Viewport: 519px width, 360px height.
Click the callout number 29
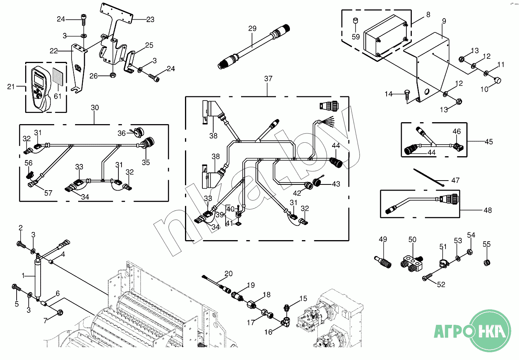tap(252, 29)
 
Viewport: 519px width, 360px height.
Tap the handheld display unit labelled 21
tap(40, 87)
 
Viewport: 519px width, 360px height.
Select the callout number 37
tap(268, 78)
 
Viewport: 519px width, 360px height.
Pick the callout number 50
tap(413, 240)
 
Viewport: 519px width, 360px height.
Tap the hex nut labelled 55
tap(487, 263)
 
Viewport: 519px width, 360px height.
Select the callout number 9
tap(444, 21)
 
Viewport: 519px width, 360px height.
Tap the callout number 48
tap(488, 210)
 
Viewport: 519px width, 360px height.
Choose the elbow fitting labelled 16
tap(287, 320)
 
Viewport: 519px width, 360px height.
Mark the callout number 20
tap(228, 274)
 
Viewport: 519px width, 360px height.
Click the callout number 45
tap(489, 142)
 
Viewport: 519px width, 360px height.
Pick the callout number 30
tap(95, 107)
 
